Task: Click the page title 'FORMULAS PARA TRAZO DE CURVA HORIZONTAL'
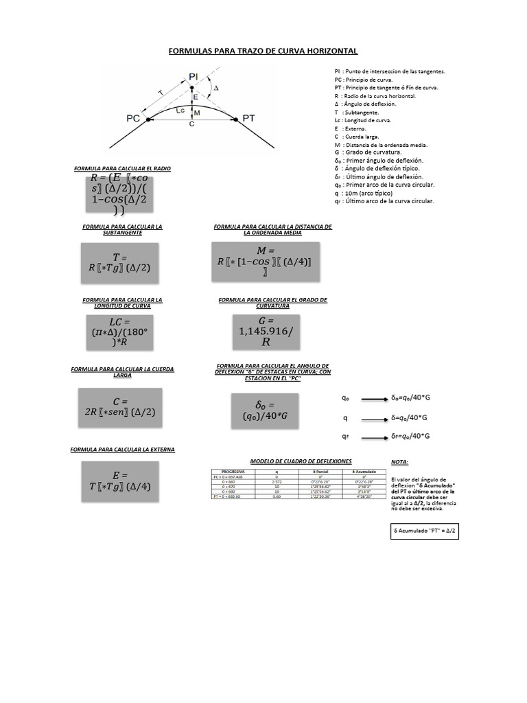coord(263,51)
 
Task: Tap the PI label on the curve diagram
coord(194,76)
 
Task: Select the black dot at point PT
coord(235,119)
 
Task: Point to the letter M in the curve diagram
coord(196,112)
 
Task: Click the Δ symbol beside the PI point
coord(217,89)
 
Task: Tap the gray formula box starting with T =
coord(120,262)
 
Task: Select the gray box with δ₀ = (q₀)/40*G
coord(265,411)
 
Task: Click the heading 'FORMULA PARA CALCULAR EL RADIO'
coord(122,168)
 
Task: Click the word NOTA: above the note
coord(399,463)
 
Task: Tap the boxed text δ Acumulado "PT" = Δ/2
coord(423,531)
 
